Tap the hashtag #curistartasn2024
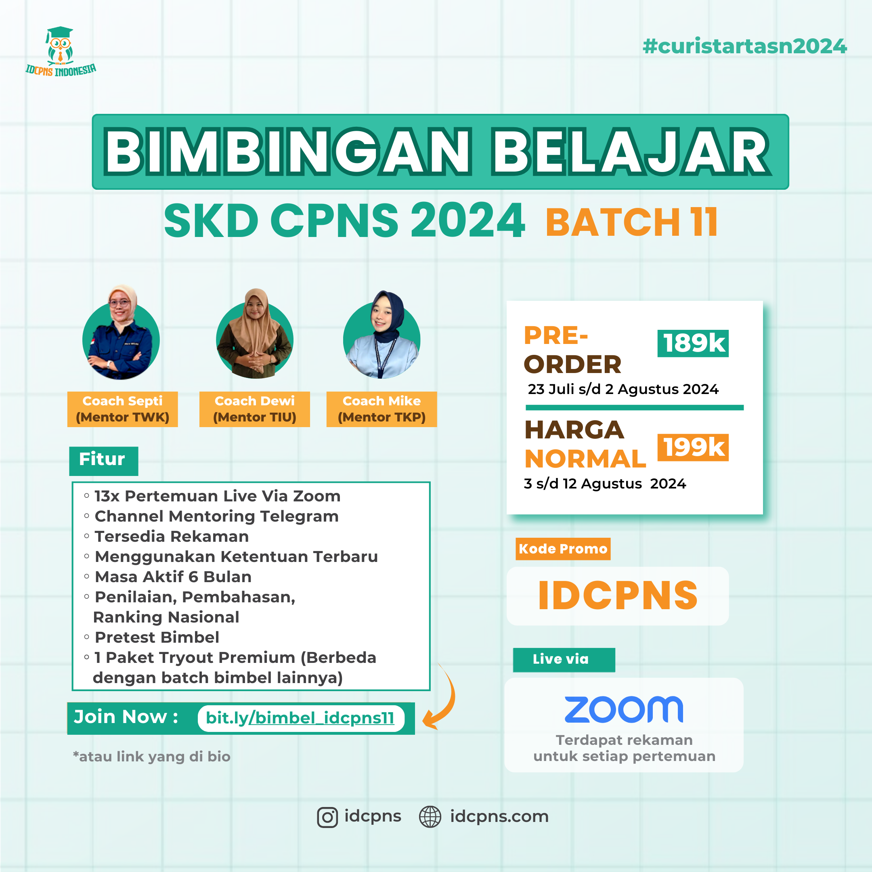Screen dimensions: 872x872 [745, 46]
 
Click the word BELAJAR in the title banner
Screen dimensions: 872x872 [631, 152]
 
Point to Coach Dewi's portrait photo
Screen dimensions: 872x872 [255, 333]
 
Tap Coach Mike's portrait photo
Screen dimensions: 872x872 [382, 334]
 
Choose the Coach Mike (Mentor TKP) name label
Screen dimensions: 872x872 [382, 409]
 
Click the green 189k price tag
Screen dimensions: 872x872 [693, 343]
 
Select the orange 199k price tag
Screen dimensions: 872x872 [693, 447]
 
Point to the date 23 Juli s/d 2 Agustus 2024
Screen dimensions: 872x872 [623, 389]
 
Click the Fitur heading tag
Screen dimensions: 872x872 [103, 461]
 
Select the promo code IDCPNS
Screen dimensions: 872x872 [618, 595]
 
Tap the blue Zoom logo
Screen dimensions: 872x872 [624, 710]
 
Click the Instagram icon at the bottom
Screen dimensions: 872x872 [327, 817]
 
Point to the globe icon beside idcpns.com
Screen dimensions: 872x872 [430, 817]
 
